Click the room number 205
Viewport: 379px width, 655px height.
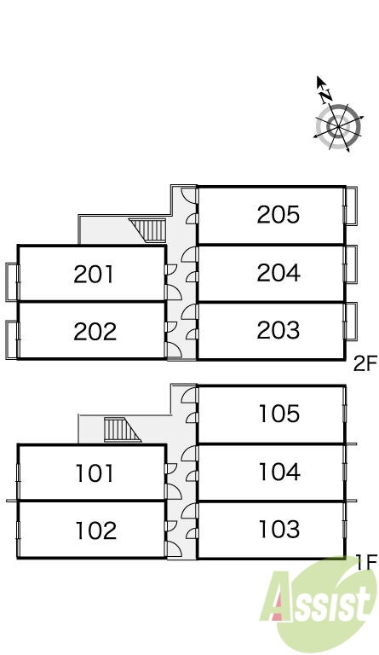279,215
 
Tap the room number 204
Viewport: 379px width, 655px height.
279,273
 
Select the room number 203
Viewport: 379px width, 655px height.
279,330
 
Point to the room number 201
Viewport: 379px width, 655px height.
94,275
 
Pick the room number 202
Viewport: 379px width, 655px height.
95,332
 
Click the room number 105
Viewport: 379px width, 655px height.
279,414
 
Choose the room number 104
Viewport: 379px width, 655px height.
279,472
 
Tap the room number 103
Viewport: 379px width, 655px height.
279,529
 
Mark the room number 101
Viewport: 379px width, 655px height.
95,473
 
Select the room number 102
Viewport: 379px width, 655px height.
95,530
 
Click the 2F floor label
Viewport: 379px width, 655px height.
365,364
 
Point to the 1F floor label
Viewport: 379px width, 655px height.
367,562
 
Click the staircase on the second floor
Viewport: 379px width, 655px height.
148,230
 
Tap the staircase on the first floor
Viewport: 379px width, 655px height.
122,430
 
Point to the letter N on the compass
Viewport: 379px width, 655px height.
326,96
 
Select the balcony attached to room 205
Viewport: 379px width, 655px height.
351,206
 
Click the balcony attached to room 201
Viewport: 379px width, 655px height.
12,281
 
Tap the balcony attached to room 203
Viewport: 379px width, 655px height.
351,321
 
